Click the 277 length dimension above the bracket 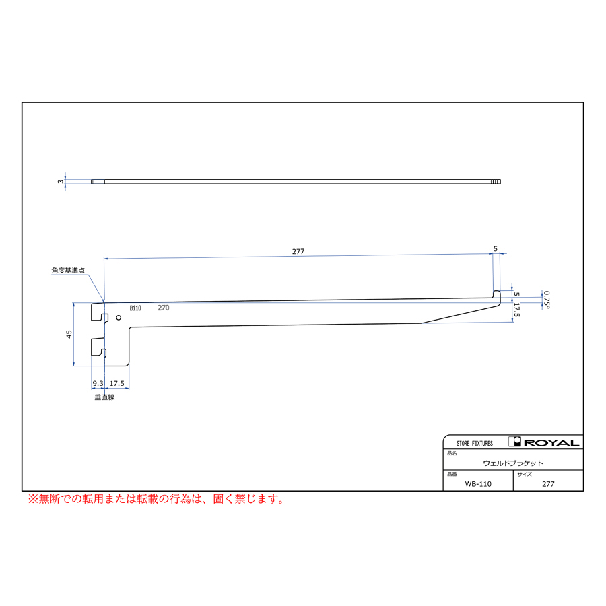(x=298, y=252)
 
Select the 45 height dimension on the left (x=69, y=334)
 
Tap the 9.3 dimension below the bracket (x=98, y=383)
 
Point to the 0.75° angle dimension (x=547, y=300)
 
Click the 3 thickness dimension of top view (x=61, y=181)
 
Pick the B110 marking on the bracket (x=135, y=308)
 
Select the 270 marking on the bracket (x=164, y=308)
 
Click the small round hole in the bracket (x=119, y=318)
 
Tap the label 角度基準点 (x=68, y=271)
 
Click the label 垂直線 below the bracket (x=105, y=397)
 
